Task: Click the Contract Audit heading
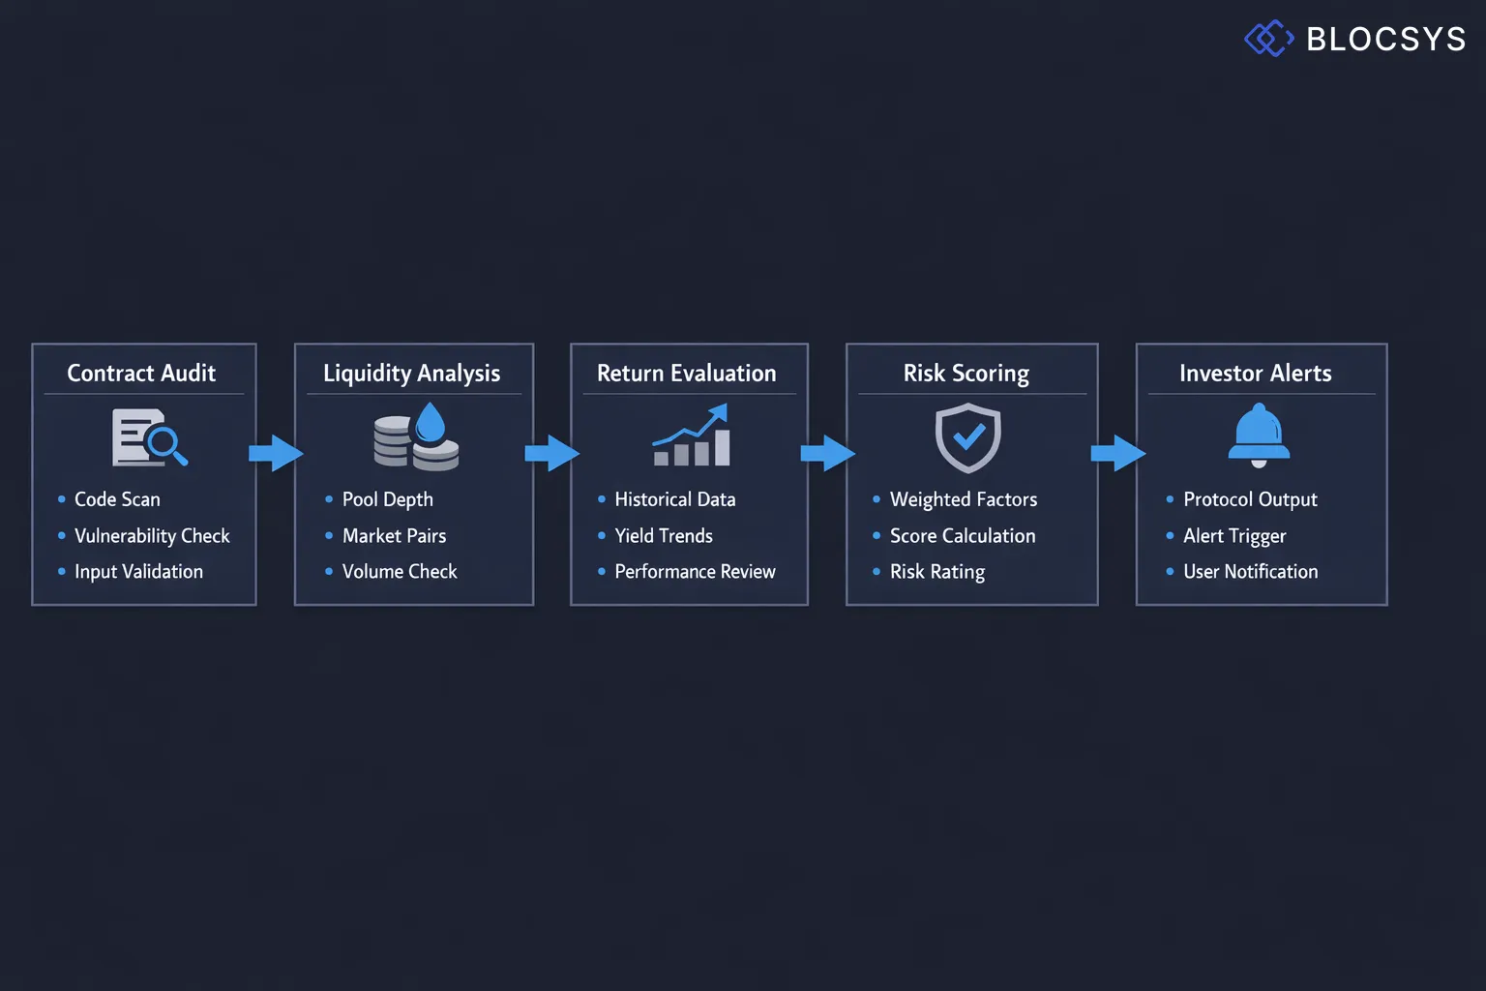click(x=141, y=373)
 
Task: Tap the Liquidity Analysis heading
click(x=411, y=373)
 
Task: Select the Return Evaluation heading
click(x=686, y=373)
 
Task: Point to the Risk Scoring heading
click(x=966, y=373)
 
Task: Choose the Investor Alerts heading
click(x=1255, y=373)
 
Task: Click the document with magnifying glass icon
click(x=149, y=437)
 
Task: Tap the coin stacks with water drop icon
click(x=417, y=437)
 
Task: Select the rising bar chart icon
click(x=691, y=436)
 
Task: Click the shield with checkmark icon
click(x=967, y=438)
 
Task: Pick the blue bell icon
click(x=1259, y=436)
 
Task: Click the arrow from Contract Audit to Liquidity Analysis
click(x=276, y=453)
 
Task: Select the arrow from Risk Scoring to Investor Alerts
click(x=1117, y=453)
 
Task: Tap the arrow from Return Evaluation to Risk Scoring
click(x=827, y=453)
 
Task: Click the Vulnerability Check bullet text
click(x=152, y=535)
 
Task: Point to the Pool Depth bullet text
click(x=387, y=499)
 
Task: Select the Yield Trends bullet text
click(x=663, y=535)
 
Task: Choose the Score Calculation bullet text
click(x=962, y=535)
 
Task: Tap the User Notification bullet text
click(x=1250, y=571)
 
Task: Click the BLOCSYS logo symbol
click(x=1268, y=39)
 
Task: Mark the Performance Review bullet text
click(x=695, y=571)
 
